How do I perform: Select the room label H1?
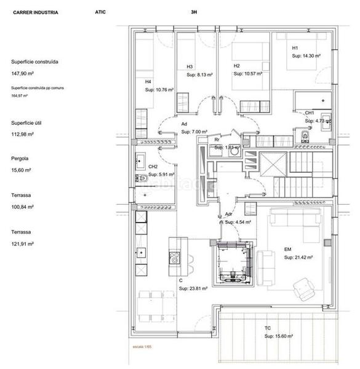pos(295,48)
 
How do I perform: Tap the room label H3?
pos(190,66)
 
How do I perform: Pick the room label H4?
pos(148,81)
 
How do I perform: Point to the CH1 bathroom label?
pos(310,113)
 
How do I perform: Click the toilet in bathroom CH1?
pos(303,133)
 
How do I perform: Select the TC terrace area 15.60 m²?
pos(279,336)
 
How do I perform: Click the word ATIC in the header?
pos(101,12)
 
